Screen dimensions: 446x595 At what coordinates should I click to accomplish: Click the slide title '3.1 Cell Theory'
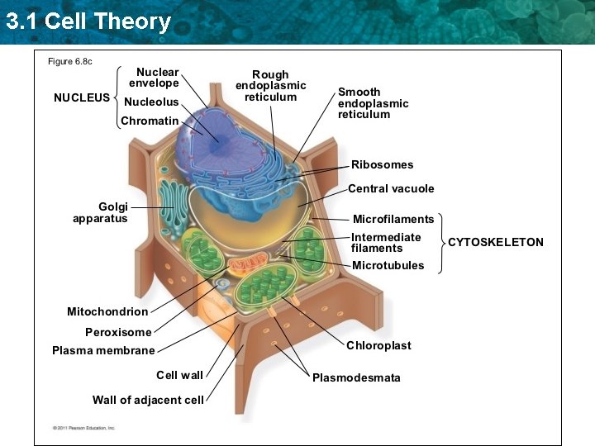[88, 21]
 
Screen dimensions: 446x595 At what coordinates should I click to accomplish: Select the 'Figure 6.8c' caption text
[70, 62]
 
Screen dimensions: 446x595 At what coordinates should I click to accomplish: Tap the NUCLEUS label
[81, 97]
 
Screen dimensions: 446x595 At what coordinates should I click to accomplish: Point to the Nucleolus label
[150, 102]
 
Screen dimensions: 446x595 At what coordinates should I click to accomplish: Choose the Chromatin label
[150, 121]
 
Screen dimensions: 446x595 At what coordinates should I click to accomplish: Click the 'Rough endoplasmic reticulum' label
[270, 86]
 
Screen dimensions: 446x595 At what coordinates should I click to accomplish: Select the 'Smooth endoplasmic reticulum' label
[373, 103]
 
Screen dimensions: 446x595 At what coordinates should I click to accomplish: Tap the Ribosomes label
[382, 164]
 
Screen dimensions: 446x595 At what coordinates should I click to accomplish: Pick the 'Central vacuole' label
[391, 188]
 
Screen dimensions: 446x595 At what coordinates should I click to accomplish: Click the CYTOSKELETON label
[496, 242]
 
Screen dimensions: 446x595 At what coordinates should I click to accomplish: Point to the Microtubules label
[388, 265]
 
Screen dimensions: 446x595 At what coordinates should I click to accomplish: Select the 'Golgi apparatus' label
[100, 212]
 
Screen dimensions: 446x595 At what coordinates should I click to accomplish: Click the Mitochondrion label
[107, 311]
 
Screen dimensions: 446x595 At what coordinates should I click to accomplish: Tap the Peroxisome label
[118, 332]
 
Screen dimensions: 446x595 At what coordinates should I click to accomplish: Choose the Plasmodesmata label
[356, 377]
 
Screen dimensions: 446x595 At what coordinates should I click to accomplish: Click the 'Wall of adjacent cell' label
[148, 400]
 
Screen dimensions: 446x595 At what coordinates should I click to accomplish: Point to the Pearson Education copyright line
[83, 428]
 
